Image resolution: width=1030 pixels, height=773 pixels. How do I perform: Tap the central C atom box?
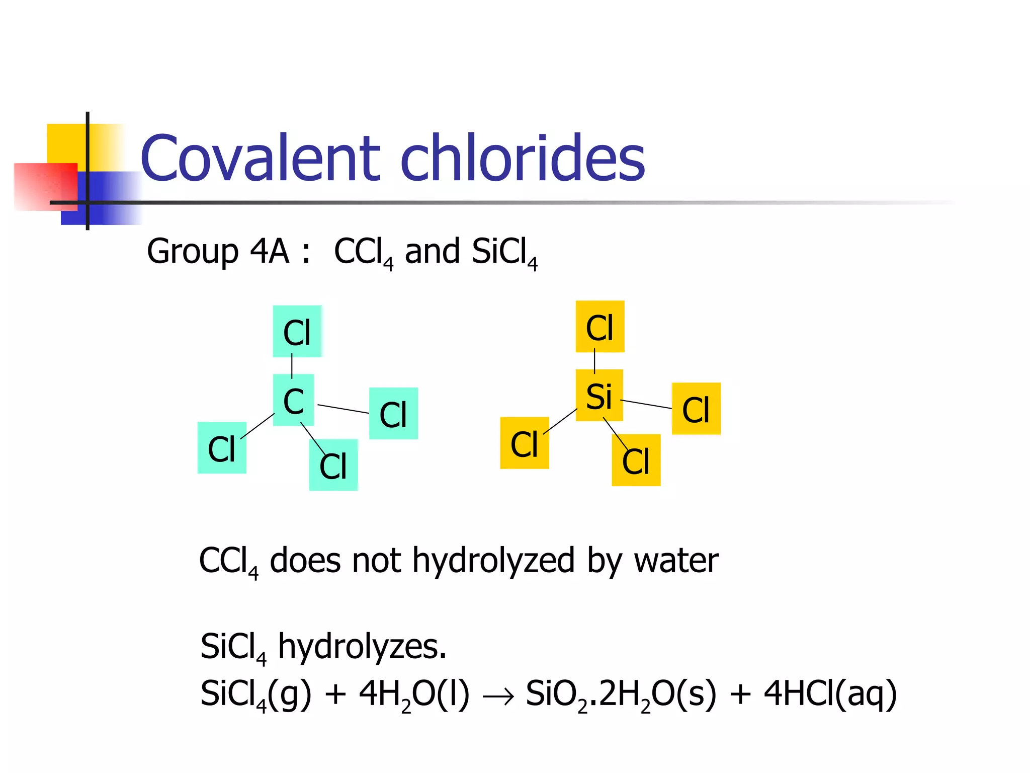pos(293,401)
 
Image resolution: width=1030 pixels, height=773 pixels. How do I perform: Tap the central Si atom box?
pos(599,396)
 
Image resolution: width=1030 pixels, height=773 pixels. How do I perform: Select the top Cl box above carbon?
pos(297,332)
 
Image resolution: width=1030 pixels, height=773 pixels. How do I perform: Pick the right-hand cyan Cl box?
pos(393,414)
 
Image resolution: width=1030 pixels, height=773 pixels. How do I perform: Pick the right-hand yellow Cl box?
pos(696,409)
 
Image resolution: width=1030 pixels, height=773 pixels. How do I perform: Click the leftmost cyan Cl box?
pos(222,448)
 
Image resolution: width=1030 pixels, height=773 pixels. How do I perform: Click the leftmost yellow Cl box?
pos(525,443)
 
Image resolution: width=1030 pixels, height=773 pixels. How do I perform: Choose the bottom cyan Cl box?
pos(333,465)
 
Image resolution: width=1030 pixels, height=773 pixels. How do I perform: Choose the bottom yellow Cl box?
pos(636,460)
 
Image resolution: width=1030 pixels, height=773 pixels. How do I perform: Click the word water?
pos(676,561)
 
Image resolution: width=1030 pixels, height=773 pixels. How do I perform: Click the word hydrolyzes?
pos(362,647)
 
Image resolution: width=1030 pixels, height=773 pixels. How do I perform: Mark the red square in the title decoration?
pos(45,187)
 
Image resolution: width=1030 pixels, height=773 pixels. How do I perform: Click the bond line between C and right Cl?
pos(344,409)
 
